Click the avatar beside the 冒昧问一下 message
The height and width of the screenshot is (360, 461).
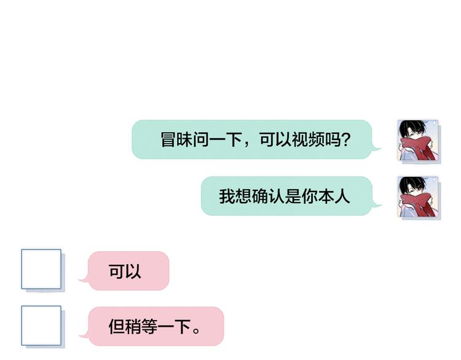pyautogui.click(x=419, y=141)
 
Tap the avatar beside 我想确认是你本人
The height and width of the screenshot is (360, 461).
pyautogui.click(x=419, y=197)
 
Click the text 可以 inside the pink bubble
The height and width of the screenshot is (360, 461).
pyautogui.click(x=125, y=271)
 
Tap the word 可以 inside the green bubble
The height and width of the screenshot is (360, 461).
pyautogui.click(x=275, y=139)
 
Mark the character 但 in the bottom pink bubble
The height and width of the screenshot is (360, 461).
pyautogui.click(x=117, y=326)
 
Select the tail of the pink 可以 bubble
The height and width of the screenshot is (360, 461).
pyautogui.click(x=84, y=279)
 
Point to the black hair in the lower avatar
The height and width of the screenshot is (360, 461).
pyautogui.click(x=412, y=184)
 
